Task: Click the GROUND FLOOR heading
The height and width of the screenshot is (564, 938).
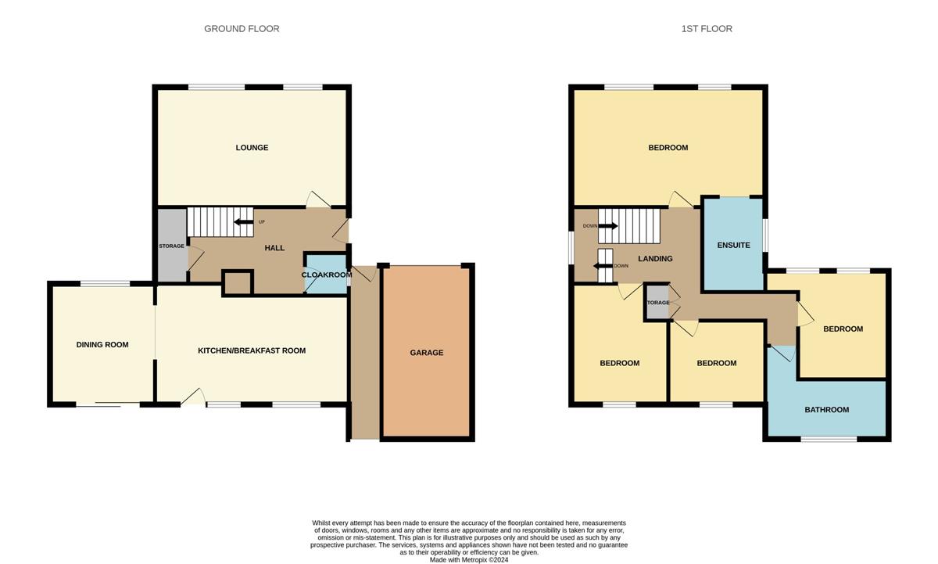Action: (x=242, y=28)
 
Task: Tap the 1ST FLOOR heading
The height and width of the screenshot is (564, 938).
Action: (x=707, y=28)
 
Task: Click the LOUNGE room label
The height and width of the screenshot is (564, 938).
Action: (x=252, y=148)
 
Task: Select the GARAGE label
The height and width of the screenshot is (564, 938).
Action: (x=426, y=353)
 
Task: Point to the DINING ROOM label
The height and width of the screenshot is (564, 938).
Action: (x=102, y=344)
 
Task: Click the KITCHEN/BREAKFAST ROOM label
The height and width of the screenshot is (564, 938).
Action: (x=252, y=350)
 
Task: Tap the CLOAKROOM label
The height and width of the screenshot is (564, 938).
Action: (x=327, y=275)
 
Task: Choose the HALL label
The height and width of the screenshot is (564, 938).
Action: (x=274, y=248)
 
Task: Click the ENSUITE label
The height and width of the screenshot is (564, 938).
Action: (x=733, y=245)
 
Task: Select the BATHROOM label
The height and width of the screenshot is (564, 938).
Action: (x=827, y=409)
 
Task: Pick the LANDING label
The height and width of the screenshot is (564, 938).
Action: (x=655, y=259)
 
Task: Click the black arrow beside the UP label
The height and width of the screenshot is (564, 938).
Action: (x=243, y=222)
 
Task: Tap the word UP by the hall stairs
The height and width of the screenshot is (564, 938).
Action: (x=261, y=222)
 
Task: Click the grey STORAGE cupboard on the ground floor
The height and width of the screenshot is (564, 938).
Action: (x=172, y=246)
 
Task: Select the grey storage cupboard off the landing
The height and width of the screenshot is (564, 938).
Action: (x=657, y=302)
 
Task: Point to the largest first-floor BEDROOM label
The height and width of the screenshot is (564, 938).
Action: (x=668, y=148)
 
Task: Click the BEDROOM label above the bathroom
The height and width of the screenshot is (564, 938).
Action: (x=843, y=329)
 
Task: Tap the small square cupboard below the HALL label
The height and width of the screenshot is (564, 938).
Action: (x=238, y=284)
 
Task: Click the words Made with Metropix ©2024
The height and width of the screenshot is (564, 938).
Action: (x=469, y=560)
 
